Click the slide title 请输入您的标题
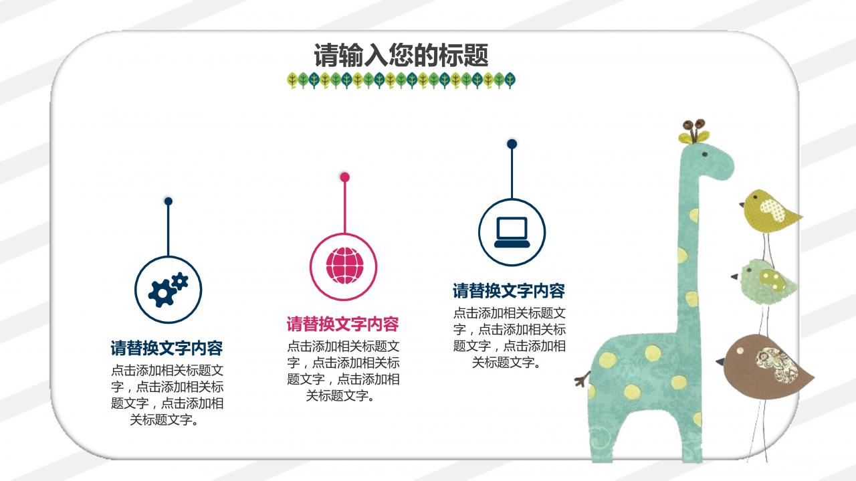click(401, 55)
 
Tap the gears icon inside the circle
click(169, 290)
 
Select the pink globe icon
click(344, 266)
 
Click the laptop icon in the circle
click(512, 232)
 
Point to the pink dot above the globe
click(344, 177)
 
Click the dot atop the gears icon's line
click(169, 201)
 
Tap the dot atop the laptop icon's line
click(512, 144)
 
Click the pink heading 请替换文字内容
click(343, 324)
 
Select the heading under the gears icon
click(167, 349)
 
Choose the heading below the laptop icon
click(509, 291)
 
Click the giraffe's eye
click(705, 155)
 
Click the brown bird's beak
click(720, 362)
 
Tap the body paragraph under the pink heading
click(343, 371)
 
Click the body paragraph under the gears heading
click(167, 395)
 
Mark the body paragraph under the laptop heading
click(509, 337)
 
